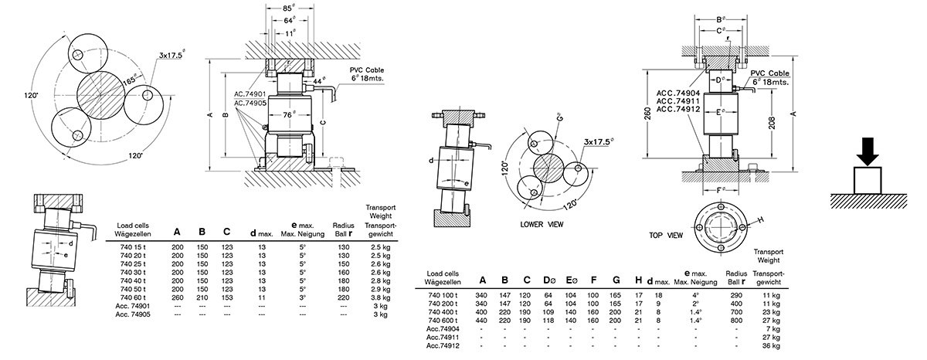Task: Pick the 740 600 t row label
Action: click(x=443, y=318)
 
